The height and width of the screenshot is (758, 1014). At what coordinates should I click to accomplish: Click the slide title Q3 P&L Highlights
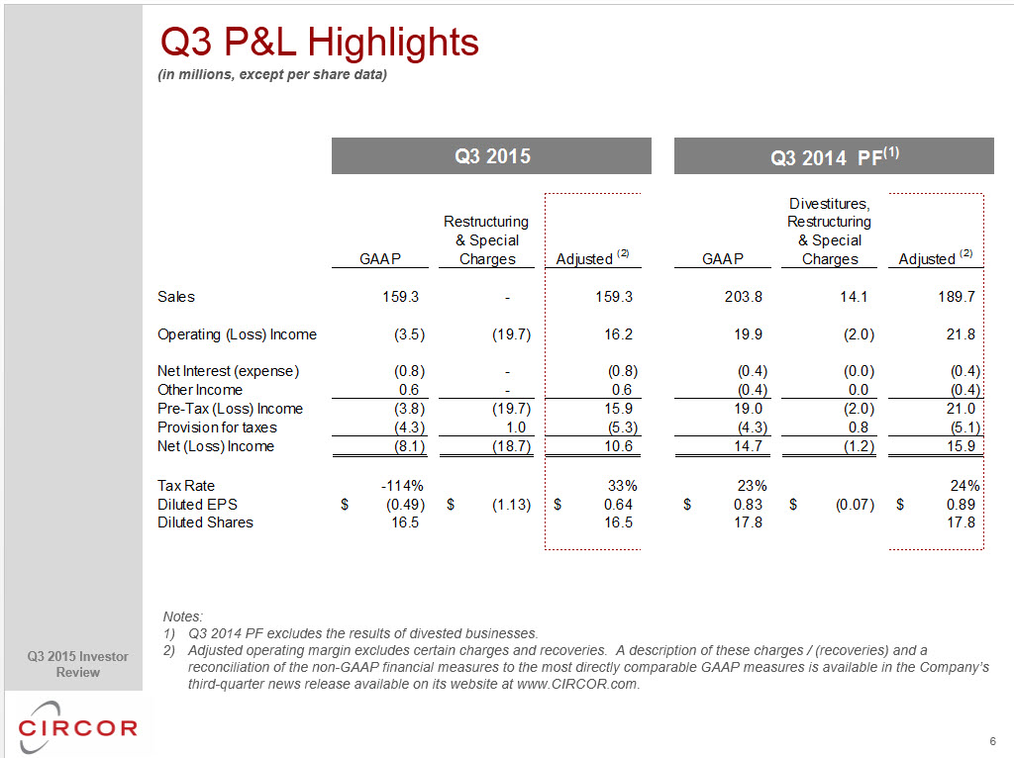point(320,44)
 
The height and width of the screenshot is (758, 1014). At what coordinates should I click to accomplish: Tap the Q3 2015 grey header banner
point(491,155)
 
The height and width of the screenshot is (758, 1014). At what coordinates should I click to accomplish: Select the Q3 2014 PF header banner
point(834,155)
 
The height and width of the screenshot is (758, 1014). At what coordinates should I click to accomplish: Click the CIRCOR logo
point(77,727)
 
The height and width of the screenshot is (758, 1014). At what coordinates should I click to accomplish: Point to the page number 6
point(992,741)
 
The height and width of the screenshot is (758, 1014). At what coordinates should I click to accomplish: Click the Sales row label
point(176,297)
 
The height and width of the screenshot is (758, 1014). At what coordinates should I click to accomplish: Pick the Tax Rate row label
point(186,485)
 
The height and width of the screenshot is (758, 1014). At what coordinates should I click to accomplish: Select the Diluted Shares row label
point(205,522)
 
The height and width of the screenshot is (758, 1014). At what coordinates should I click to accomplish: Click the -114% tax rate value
point(402,485)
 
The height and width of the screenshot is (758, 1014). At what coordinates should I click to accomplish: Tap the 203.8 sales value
point(743,297)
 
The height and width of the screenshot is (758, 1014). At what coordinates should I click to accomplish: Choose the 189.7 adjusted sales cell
point(957,297)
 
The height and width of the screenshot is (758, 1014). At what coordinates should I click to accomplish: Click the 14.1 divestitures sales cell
point(854,297)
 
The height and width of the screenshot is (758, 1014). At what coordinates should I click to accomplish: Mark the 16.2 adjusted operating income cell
point(618,334)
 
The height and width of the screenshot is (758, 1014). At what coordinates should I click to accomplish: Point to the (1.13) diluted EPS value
point(511,504)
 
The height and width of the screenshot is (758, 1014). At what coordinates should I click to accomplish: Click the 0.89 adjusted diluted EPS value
point(961,504)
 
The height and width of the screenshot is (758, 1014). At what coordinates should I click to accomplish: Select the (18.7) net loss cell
point(511,446)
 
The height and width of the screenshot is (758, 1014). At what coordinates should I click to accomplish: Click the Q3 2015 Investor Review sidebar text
point(77,664)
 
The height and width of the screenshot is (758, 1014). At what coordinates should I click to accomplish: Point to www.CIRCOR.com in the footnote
point(577,684)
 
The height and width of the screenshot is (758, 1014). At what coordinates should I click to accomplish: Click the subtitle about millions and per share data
point(272,74)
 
